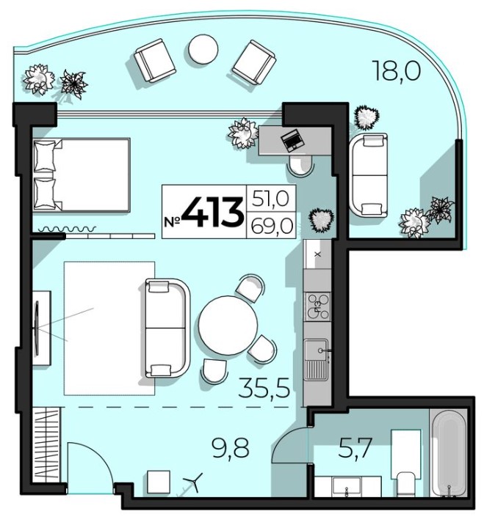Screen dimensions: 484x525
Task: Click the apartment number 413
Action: (x=213, y=213)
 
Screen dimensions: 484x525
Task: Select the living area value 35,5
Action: (x=264, y=387)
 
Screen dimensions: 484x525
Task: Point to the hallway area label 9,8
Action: (x=231, y=448)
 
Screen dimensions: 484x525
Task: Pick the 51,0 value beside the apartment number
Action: (x=271, y=199)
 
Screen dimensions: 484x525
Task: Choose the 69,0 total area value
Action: (x=272, y=225)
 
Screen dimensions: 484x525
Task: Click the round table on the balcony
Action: (x=203, y=49)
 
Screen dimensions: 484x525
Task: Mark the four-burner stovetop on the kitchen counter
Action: (x=317, y=306)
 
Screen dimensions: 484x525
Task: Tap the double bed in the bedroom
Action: (x=82, y=175)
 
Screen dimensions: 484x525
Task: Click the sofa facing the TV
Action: (x=167, y=328)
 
